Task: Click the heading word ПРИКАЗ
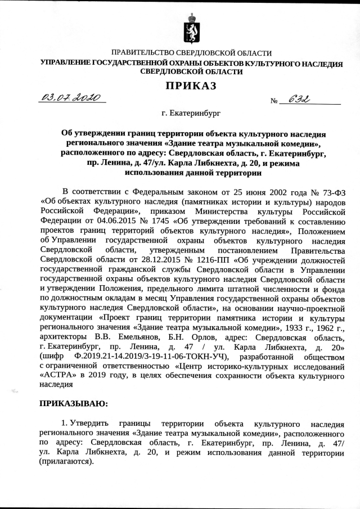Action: [x=191, y=86]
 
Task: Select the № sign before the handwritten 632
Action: [x=275, y=102]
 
